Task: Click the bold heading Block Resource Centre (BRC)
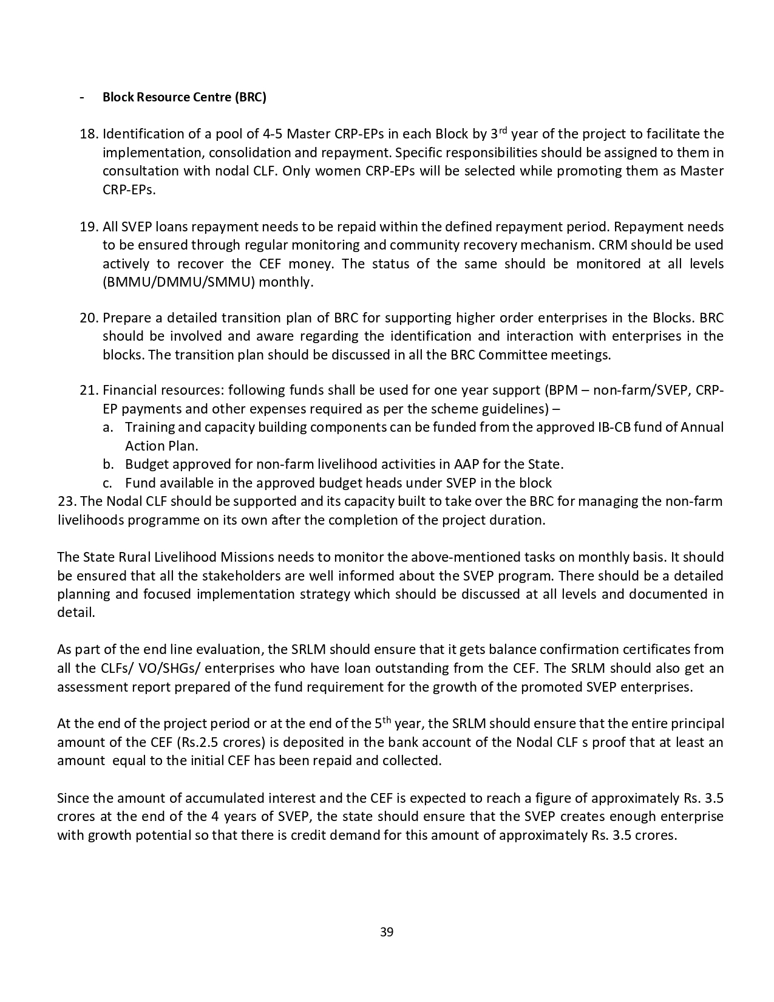click(184, 97)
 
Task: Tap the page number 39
click(387, 932)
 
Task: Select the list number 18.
click(89, 134)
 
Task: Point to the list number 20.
click(89, 318)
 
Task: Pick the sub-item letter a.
click(107, 428)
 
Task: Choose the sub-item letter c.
click(107, 483)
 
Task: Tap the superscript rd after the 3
click(503, 130)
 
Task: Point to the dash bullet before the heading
click(82, 97)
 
